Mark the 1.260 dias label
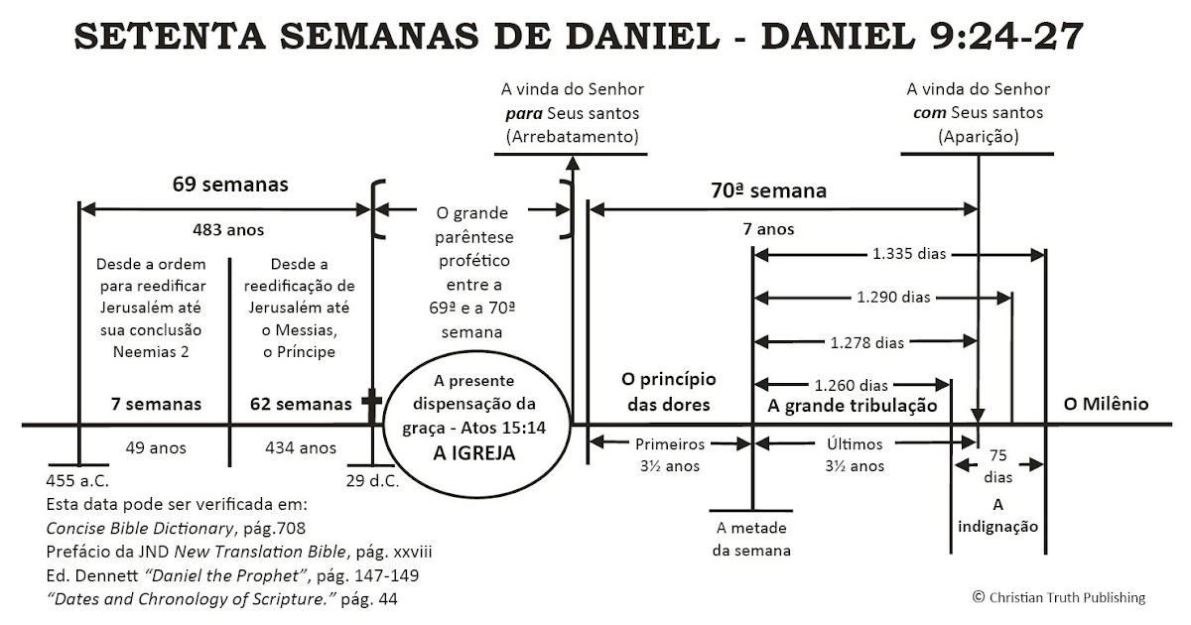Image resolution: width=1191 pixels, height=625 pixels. [x=852, y=385]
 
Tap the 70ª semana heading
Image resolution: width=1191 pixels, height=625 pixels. [x=769, y=191]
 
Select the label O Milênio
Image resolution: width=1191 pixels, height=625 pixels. [x=1106, y=404]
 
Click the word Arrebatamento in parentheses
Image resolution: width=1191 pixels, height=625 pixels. [x=573, y=136]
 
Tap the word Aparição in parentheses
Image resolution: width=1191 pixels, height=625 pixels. [x=979, y=136]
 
